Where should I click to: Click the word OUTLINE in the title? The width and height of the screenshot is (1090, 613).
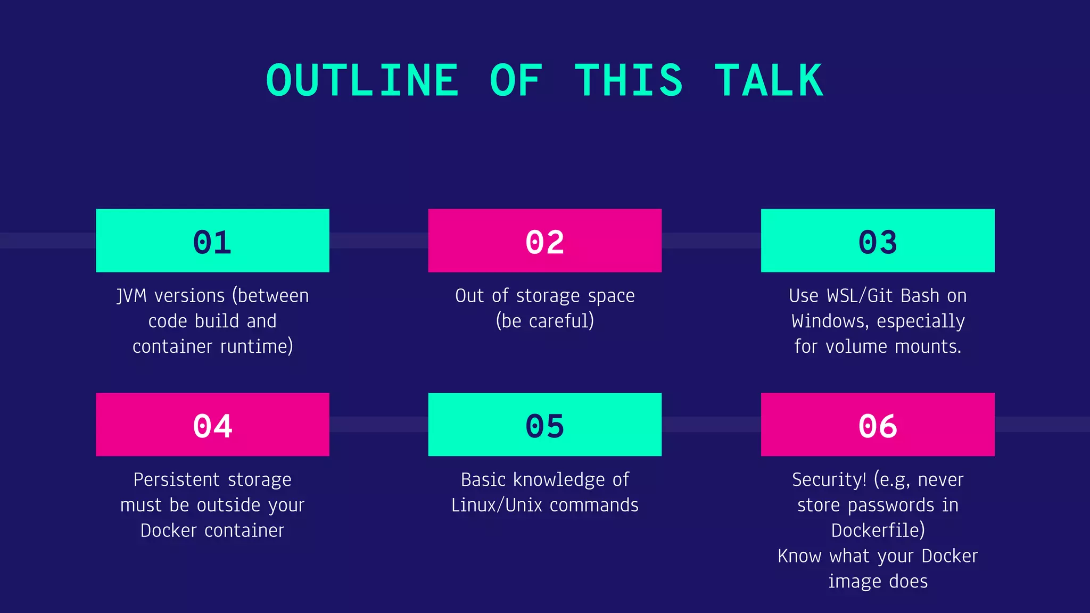point(362,80)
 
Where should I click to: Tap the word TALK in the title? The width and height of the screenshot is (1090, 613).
point(769,80)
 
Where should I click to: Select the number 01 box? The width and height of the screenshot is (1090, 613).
point(212,241)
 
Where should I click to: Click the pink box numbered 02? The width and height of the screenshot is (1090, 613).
point(544,241)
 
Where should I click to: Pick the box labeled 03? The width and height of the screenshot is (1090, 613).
point(878,241)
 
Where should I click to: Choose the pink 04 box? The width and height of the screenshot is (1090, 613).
point(212,425)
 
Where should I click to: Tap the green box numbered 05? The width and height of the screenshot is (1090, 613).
point(544,425)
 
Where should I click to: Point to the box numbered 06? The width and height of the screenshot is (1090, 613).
point(878,425)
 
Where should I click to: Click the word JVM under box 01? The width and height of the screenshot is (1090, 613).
point(131,296)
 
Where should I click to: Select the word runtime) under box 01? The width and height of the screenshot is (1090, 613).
point(257,346)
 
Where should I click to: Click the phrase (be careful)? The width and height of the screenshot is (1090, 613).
point(544,321)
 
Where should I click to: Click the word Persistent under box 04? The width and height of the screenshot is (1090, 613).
point(175,480)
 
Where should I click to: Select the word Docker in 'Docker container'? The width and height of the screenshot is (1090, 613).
point(168,531)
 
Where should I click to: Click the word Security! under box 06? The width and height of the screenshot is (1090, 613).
point(829,480)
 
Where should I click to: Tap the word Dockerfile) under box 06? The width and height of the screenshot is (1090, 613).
point(878,531)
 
